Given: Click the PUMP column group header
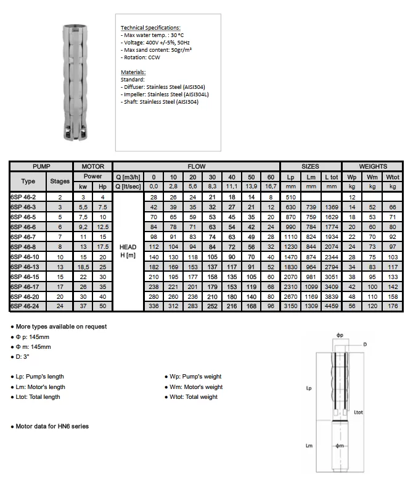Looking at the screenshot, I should tap(42, 166).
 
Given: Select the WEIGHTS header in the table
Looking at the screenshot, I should tap(373, 166).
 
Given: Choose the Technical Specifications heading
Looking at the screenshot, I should tap(150, 28).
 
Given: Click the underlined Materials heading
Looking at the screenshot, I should tap(133, 72).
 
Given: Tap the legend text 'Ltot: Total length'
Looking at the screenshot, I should tap(38, 397).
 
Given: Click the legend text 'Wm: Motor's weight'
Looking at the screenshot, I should tap(195, 387).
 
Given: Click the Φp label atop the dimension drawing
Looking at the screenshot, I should tap(340, 335).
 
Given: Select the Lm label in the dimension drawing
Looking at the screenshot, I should tap(309, 445).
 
